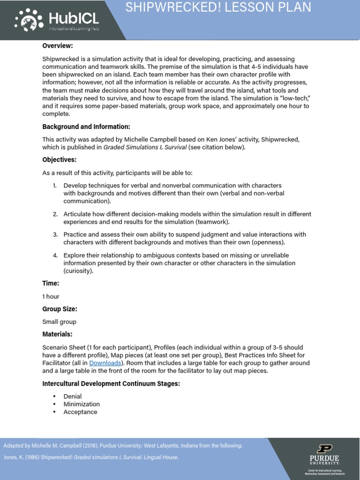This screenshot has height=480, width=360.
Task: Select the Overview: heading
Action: (58, 46)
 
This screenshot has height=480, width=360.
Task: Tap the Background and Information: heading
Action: (86, 127)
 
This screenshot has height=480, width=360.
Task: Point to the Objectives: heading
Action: (60, 160)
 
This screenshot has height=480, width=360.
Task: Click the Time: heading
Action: (51, 284)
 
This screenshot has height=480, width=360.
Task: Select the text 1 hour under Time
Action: (51, 296)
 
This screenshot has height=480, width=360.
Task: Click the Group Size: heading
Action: (60, 309)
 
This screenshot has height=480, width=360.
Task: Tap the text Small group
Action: (59, 322)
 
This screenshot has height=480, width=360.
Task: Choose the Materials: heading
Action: (58, 334)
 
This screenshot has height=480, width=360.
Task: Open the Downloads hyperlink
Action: (105, 363)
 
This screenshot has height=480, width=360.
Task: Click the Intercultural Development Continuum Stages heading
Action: (111, 383)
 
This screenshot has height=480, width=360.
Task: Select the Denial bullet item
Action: (73, 397)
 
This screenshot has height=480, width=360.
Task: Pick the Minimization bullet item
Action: (82, 404)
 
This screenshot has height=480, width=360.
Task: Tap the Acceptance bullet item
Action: (80, 412)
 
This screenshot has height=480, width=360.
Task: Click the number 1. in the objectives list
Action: (55, 186)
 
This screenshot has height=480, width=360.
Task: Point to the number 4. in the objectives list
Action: (55, 255)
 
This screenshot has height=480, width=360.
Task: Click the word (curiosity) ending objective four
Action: (79, 271)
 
